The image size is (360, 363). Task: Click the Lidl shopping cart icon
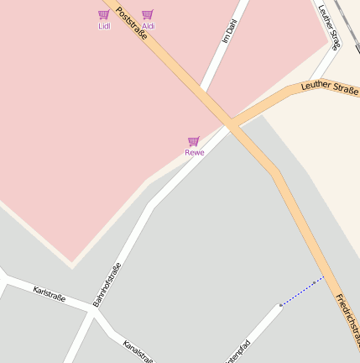[x=103, y=15]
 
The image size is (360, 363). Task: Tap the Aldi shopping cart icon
[x=148, y=15]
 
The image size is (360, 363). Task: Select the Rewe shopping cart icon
[x=194, y=141]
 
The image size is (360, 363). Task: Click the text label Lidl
[x=104, y=26]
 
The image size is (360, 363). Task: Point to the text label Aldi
[x=149, y=26]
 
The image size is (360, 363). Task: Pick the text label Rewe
[x=195, y=153]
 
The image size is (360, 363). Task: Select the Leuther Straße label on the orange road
[x=329, y=86]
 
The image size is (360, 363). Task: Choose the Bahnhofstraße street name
[x=107, y=284]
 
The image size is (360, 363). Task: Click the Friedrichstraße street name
[x=347, y=319]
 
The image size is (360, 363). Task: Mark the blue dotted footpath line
[x=302, y=291]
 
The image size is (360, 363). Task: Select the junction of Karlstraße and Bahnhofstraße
[x=91, y=309]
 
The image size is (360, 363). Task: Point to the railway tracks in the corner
[x=348, y=21]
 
